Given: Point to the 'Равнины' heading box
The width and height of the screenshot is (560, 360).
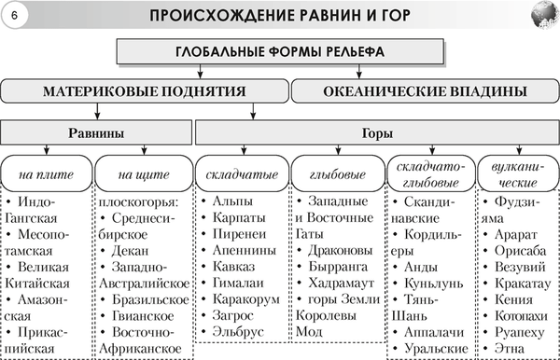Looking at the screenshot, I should click(x=94, y=132).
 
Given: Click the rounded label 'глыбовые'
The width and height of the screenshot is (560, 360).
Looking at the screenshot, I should click(x=333, y=174).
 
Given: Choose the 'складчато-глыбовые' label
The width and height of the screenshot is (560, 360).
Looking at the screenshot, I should click(x=427, y=174).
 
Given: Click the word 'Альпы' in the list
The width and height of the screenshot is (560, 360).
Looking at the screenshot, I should click(x=232, y=201).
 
